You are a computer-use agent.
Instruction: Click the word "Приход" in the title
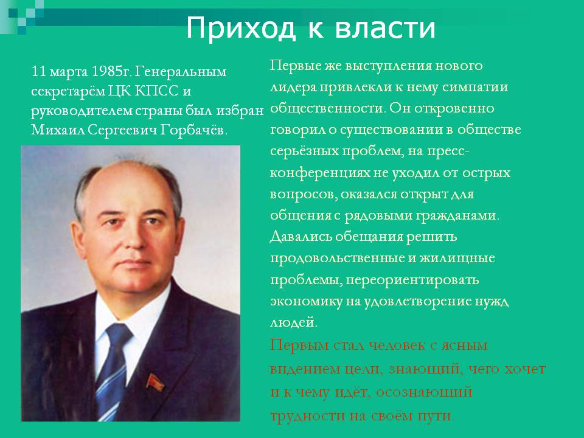(x=241, y=28)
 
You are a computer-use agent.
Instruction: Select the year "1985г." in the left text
(x=111, y=71)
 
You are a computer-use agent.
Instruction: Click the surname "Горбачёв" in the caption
(x=193, y=130)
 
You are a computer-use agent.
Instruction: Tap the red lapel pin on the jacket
(x=155, y=383)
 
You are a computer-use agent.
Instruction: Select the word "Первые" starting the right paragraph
(x=295, y=66)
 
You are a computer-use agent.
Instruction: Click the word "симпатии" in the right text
(x=475, y=87)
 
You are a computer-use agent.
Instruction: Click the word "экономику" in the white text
(x=306, y=302)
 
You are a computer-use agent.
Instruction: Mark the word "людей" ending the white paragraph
(x=293, y=322)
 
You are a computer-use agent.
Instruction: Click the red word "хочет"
(x=525, y=369)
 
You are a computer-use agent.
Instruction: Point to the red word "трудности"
(x=307, y=415)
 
